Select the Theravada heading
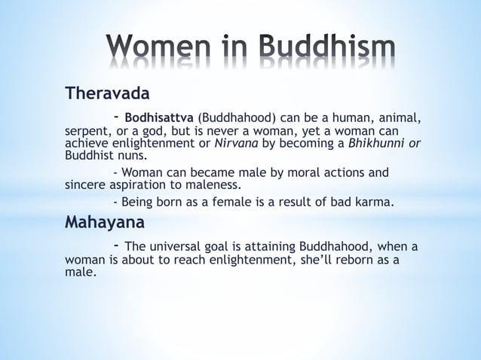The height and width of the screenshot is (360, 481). pos(107,94)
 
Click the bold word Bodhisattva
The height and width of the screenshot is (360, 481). pos(159,118)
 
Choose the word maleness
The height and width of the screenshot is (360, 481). pos(214,184)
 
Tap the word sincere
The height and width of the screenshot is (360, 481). pos(86,184)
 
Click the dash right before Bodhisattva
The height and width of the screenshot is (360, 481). pos(116,117)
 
